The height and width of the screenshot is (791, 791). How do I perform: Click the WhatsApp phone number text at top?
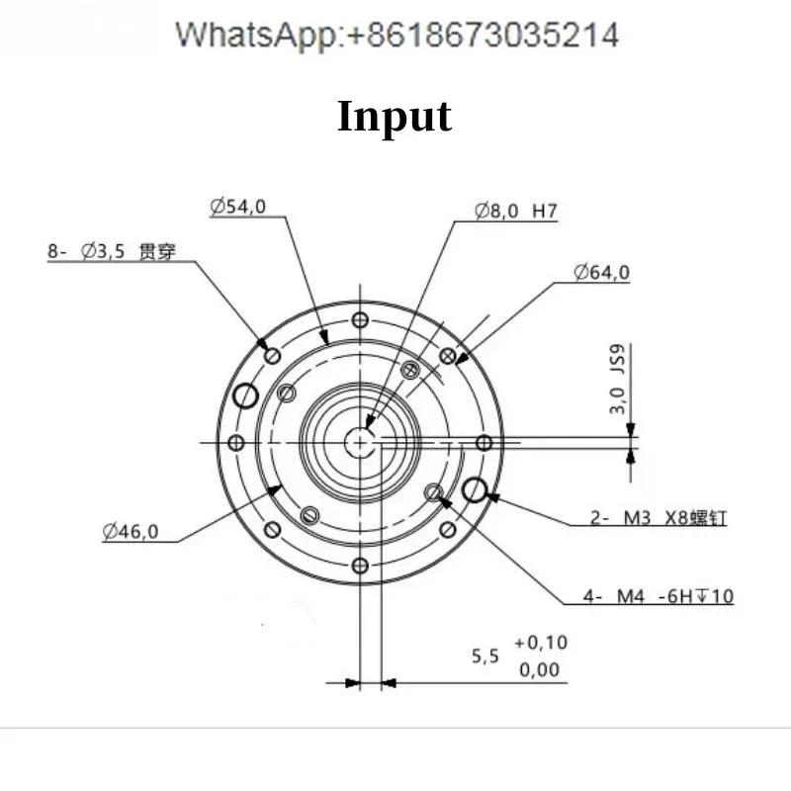396,36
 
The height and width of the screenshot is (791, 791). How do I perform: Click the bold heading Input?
395,116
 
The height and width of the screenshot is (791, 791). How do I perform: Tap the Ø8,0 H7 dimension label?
517,211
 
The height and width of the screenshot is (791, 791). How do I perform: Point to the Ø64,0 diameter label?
601,273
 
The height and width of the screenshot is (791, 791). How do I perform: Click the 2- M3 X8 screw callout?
659,516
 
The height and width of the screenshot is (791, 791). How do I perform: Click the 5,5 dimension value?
484,656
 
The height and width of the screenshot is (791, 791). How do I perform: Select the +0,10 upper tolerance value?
541,643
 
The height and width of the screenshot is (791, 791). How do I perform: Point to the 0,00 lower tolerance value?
540,670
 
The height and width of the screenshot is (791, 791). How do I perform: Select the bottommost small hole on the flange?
360,567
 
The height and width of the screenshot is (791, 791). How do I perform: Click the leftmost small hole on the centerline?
236,443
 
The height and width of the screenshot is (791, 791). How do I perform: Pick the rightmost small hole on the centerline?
483,443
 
